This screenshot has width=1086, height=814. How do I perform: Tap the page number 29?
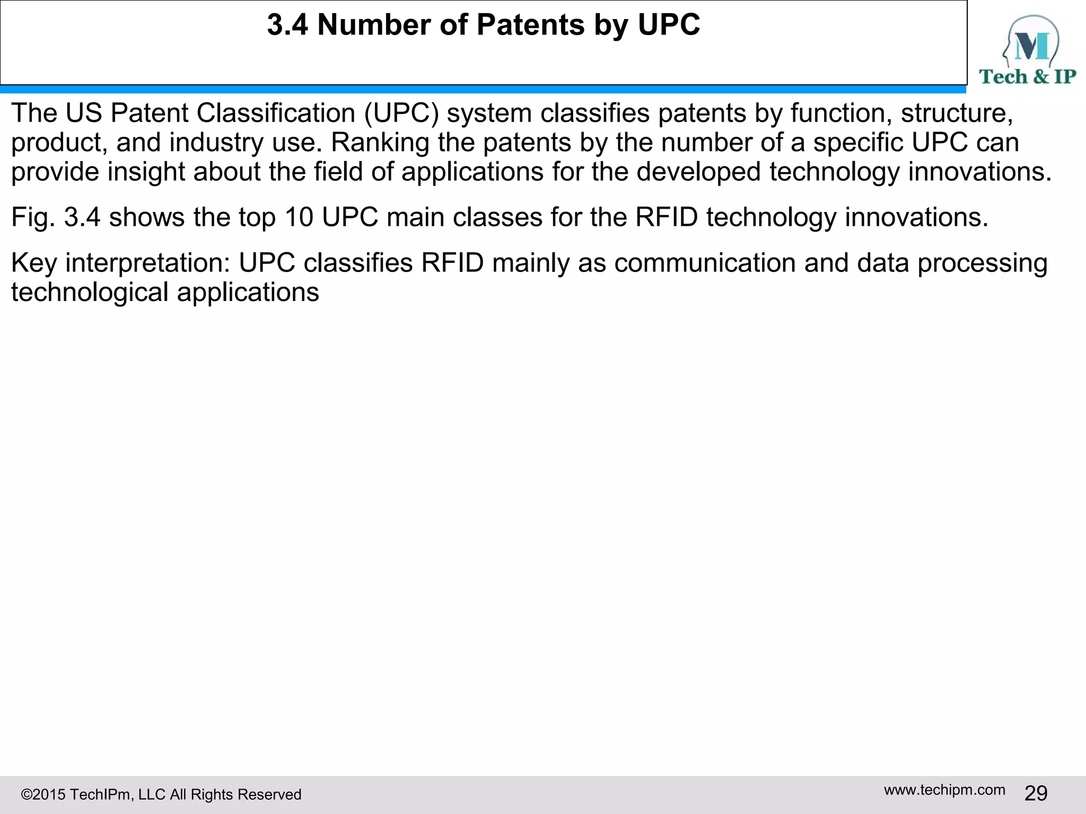(1036, 793)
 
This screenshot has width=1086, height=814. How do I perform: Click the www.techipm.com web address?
(944, 790)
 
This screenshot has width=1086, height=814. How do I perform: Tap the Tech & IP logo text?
(1028, 77)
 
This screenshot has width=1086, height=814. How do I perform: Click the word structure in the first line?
(957, 113)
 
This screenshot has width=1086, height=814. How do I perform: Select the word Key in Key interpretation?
(33, 263)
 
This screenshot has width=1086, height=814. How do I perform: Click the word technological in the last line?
(90, 292)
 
